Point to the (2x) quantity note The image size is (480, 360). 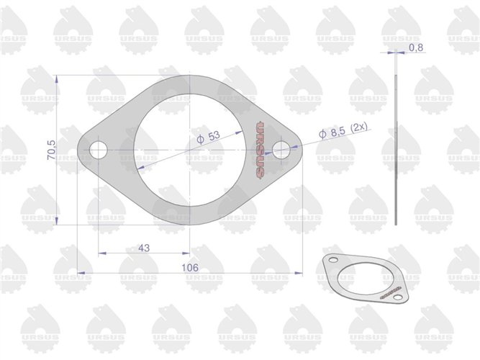click(357, 128)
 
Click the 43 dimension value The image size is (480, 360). click(143, 247)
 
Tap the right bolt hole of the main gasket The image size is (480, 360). click(281, 150)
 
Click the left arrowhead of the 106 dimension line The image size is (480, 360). click(79, 272)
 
